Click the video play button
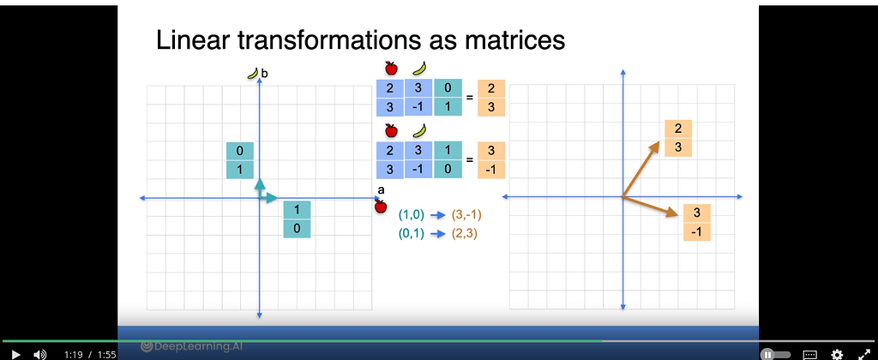pyautogui.click(x=15, y=353)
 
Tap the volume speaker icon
pyautogui.click(x=39, y=353)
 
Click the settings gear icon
pyautogui.click(x=837, y=353)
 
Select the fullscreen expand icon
pyautogui.click(x=863, y=353)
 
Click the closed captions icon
pyautogui.click(x=810, y=353)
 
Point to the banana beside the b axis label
pyautogui.click(x=252, y=75)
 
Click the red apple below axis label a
pyautogui.click(x=381, y=207)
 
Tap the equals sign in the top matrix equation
pyautogui.click(x=469, y=98)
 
